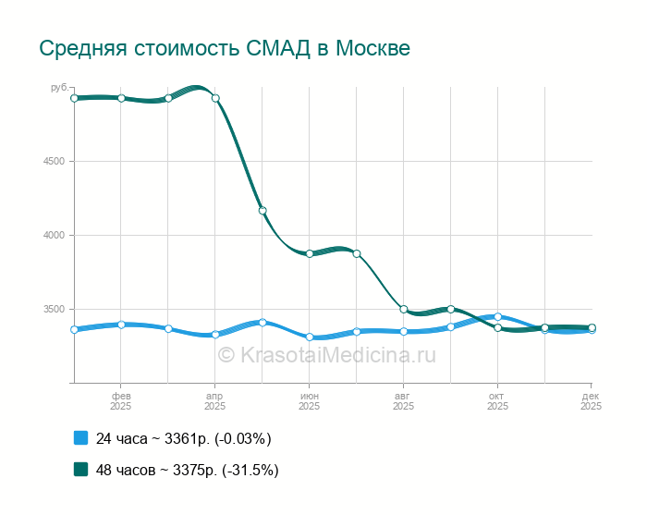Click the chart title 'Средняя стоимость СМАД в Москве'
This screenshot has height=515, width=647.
(x=225, y=48)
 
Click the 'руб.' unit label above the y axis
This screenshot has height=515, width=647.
(x=59, y=87)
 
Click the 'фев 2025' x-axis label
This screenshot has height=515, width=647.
(x=121, y=400)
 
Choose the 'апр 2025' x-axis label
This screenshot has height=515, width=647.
(x=215, y=400)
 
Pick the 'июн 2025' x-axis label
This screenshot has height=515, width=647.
(x=310, y=400)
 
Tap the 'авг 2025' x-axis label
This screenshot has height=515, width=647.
(x=404, y=400)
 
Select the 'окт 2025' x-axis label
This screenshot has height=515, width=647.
(x=497, y=400)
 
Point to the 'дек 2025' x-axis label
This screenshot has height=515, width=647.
(x=591, y=400)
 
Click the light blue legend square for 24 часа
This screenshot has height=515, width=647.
(x=80, y=437)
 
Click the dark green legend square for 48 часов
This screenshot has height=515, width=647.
(x=80, y=469)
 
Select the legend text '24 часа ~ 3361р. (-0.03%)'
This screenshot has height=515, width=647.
(x=184, y=438)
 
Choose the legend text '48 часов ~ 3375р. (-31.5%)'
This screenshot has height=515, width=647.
(x=188, y=470)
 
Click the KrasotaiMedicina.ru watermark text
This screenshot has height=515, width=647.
(x=326, y=354)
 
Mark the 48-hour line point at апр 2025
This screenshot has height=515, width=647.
(x=215, y=98)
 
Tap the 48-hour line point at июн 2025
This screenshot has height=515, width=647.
(x=310, y=253)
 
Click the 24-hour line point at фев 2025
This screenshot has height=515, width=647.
(x=121, y=325)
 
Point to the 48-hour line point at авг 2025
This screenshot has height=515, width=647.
(x=404, y=309)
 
